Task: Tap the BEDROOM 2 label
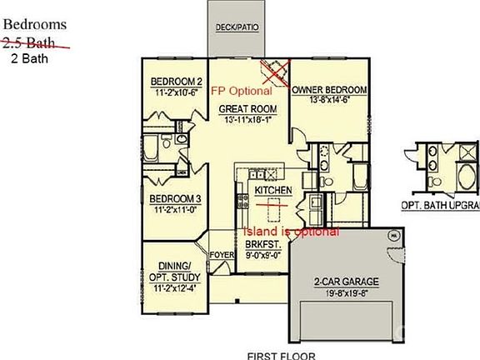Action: point(177,81)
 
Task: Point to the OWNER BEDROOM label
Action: point(329,89)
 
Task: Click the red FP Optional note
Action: point(240,90)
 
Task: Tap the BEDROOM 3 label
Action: point(175,199)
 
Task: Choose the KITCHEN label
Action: point(273,191)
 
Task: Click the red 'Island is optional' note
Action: point(290,231)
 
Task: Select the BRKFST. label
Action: point(262,244)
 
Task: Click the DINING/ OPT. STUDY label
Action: point(173,270)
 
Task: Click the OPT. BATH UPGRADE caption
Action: point(441,204)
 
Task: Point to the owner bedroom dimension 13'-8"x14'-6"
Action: point(329,99)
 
